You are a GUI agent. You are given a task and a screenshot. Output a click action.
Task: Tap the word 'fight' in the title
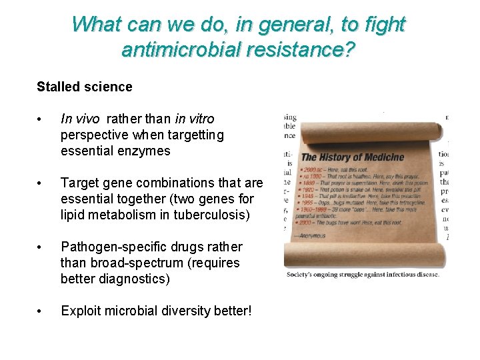point(381,24)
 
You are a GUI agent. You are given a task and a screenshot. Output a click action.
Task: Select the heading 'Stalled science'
point(85,87)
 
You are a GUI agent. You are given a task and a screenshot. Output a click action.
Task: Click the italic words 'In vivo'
point(79,119)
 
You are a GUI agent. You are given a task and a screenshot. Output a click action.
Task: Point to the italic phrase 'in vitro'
point(194,119)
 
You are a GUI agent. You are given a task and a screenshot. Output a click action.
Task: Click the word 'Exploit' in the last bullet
point(81,311)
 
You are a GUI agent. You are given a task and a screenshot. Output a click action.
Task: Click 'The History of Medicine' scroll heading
point(353,157)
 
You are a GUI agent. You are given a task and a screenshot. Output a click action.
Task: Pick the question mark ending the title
point(349,49)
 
